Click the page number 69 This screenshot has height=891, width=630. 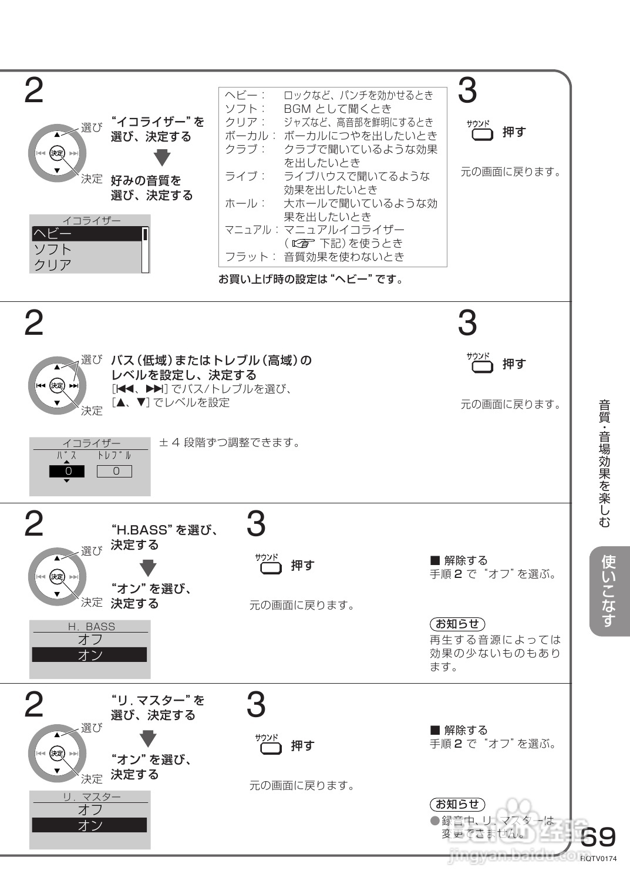coord(599,836)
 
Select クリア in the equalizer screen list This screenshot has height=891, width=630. coord(53,265)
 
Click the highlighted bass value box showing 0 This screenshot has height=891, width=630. coord(67,471)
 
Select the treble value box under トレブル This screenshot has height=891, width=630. coord(114,471)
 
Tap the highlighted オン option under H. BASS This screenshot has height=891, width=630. coord(89,655)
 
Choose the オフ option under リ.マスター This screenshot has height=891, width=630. coord(89,809)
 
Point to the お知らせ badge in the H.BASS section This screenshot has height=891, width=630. coord(457,624)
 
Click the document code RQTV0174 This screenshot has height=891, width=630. coord(599,859)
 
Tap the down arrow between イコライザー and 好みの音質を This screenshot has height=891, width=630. coord(162,159)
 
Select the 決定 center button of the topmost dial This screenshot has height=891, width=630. coord(57,153)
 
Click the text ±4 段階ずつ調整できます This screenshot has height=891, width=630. coord(230,442)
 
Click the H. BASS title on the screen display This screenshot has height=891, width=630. coord(92,627)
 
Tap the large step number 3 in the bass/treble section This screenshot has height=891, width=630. coord(467,323)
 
